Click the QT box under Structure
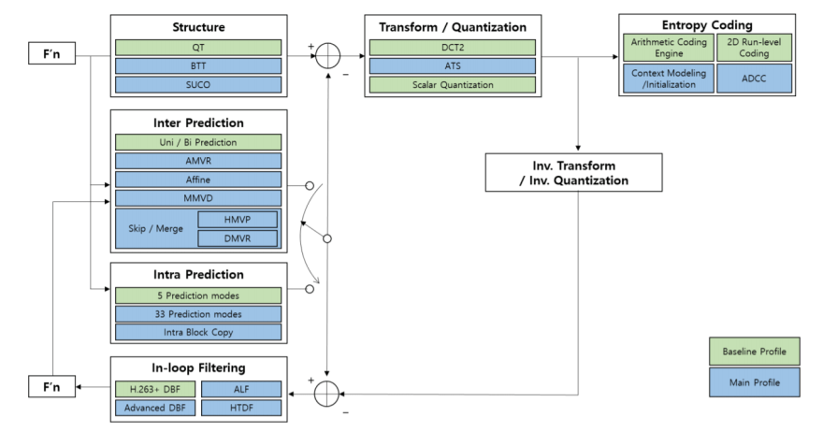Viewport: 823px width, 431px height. click(x=197, y=47)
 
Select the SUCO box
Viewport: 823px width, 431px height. click(x=197, y=84)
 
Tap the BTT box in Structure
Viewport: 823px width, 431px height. click(x=197, y=65)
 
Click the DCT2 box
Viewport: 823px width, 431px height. click(x=453, y=47)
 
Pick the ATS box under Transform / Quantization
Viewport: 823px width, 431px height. click(x=453, y=65)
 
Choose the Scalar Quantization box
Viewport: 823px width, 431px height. click(x=453, y=84)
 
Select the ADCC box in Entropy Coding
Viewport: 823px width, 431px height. click(x=753, y=78)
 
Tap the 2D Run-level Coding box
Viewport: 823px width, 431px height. click(x=753, y=47)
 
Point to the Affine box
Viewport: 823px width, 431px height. click(x=197, y=179)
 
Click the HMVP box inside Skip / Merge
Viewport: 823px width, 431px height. click(x=238, y=220)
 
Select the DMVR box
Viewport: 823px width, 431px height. click(x=238, y=238)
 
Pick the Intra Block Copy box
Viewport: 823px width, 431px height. click(x=197, y=332)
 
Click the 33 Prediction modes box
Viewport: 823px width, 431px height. click(x=197, y=313)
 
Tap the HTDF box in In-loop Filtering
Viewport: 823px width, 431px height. click(x=241, y=408)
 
